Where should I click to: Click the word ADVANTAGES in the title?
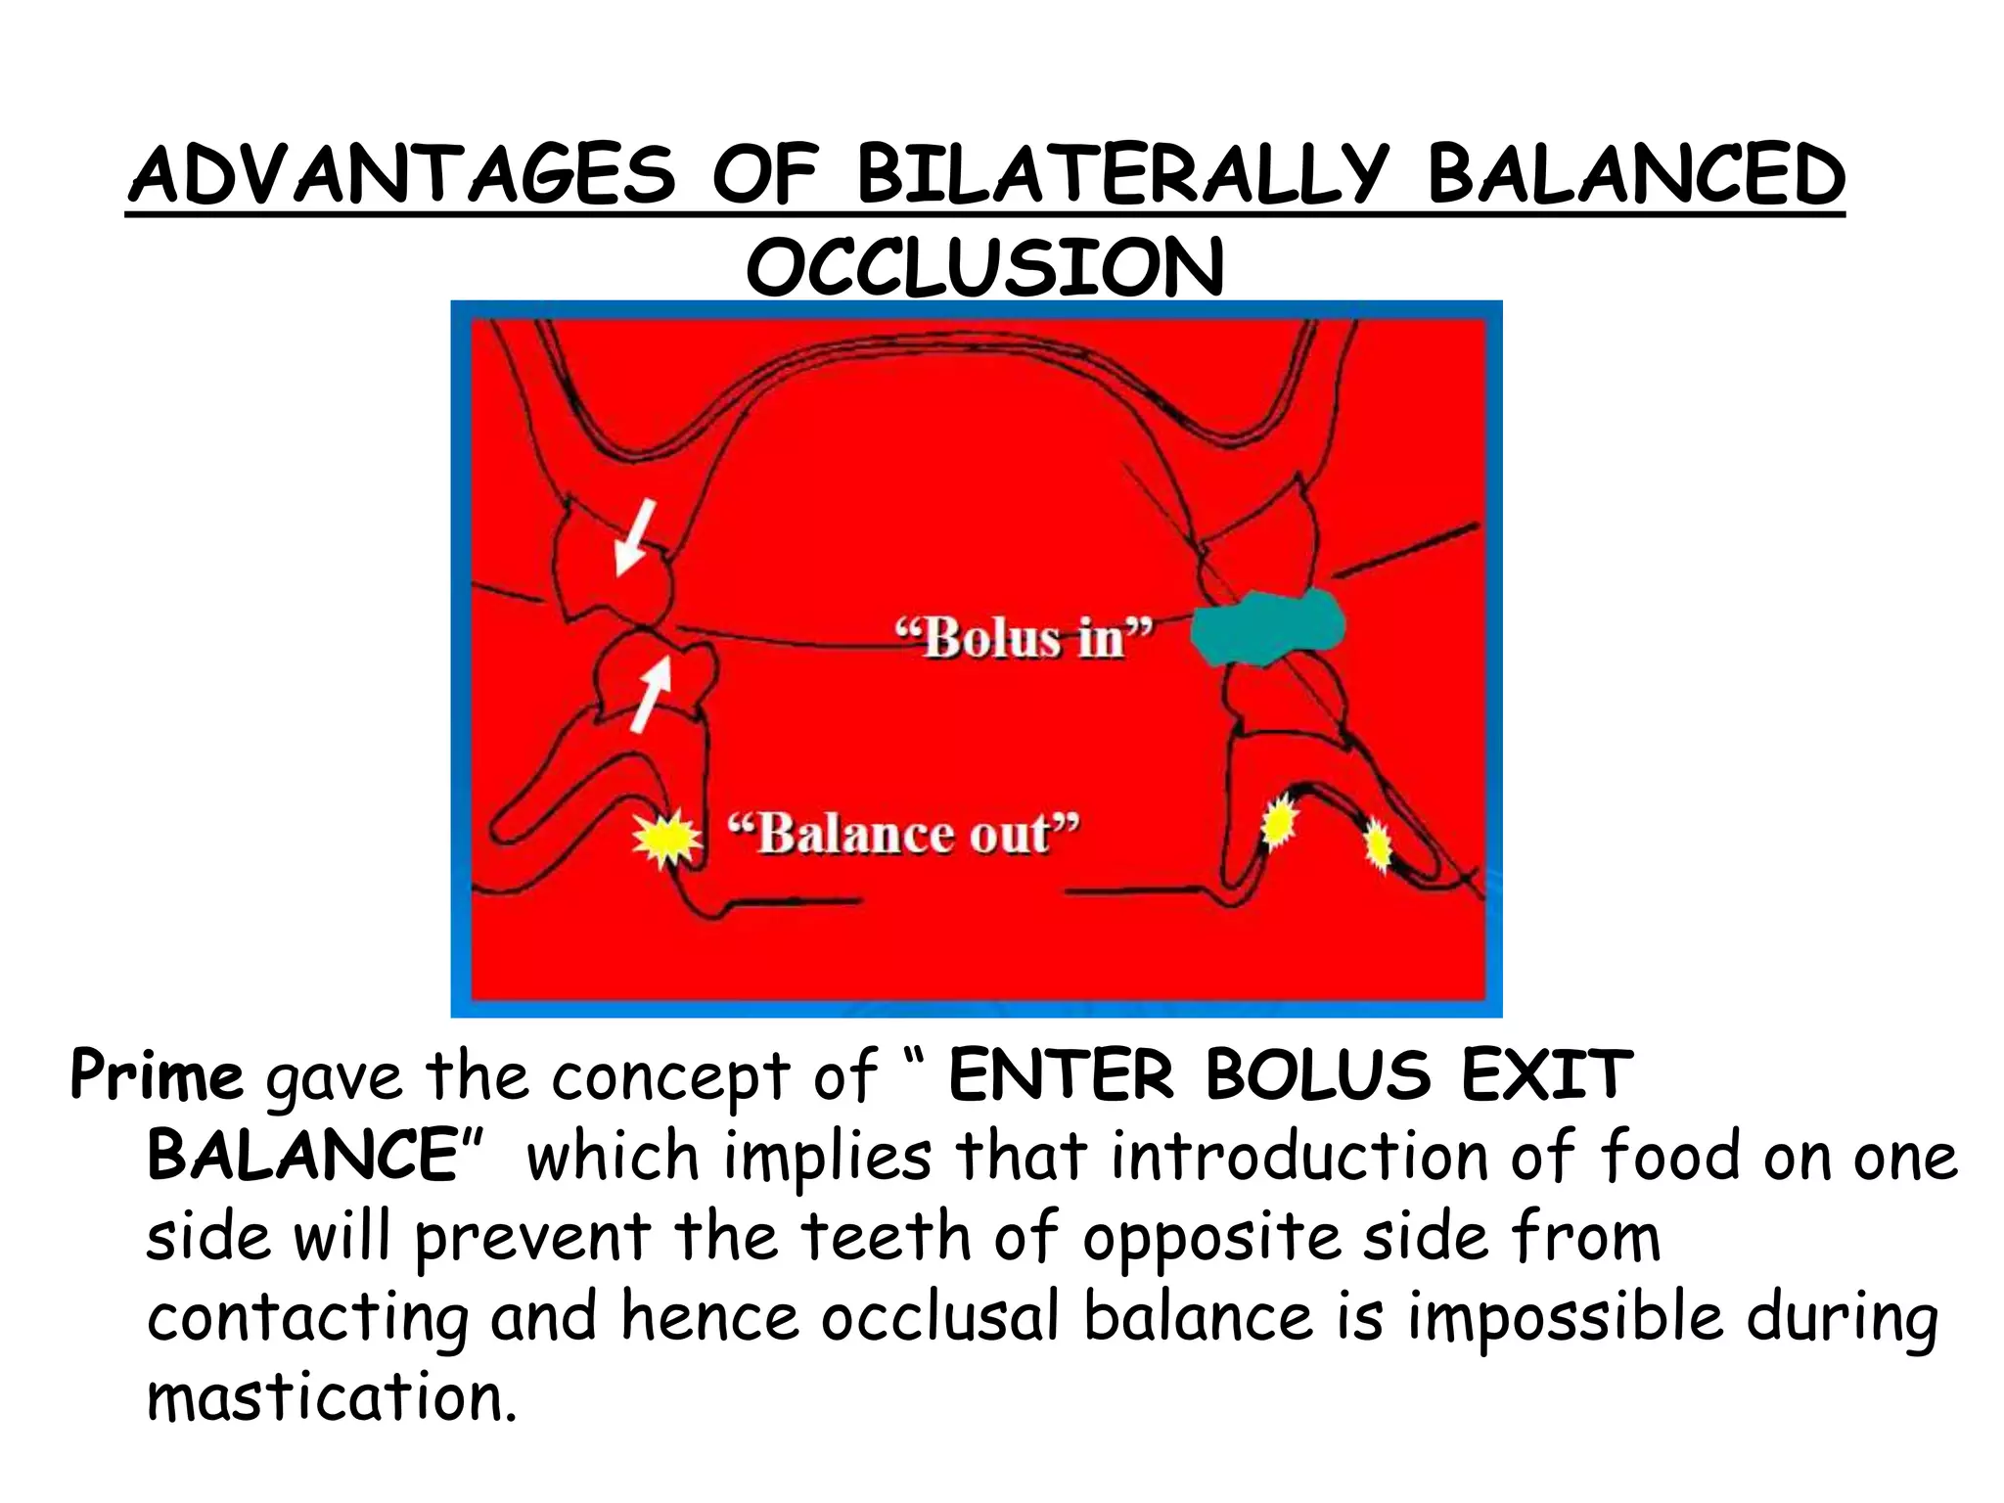tap(401, 176)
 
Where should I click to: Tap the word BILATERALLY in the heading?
tap(1121, 176)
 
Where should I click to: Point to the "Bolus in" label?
tap(1024, 639)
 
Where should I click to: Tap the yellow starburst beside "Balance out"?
tap(666, 838)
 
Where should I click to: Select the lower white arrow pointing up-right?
tap(651, 693)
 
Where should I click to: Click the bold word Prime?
tap(157, 1076)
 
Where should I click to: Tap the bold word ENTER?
tap(1061, 1076)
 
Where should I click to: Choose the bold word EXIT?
tap(1547, 1076)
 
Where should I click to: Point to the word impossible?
tap(1564, 1317)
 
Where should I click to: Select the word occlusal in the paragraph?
tap(939, 1317)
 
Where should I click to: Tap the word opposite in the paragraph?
tap(1211, 1239)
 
